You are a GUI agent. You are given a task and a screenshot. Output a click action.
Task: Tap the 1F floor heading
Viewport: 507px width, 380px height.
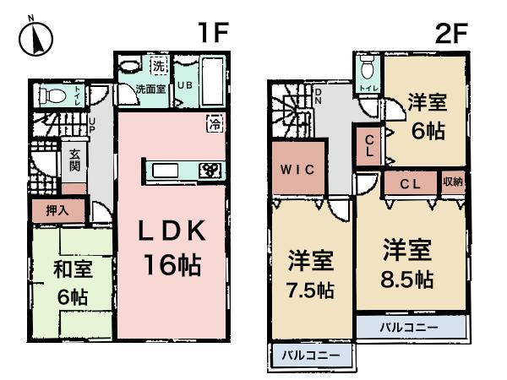214,33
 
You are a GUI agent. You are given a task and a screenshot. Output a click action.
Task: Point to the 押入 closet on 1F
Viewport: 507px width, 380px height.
52,209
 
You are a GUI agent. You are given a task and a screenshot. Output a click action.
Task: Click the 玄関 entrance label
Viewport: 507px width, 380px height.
74,160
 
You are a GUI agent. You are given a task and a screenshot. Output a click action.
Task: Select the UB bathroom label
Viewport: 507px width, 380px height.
185,85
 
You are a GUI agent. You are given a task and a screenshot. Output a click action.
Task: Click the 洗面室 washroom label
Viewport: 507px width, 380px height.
150,89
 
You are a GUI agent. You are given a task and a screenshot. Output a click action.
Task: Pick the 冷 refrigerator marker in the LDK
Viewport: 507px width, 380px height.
214,124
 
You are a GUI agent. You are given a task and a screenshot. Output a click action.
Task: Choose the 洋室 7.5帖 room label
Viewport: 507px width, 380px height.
309,274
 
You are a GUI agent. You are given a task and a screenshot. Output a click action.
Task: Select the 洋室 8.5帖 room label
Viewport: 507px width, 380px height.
408,263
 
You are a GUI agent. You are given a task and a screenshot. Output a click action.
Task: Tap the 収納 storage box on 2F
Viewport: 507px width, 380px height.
452,182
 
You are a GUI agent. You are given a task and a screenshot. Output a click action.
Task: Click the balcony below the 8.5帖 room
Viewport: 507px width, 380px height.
409,326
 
